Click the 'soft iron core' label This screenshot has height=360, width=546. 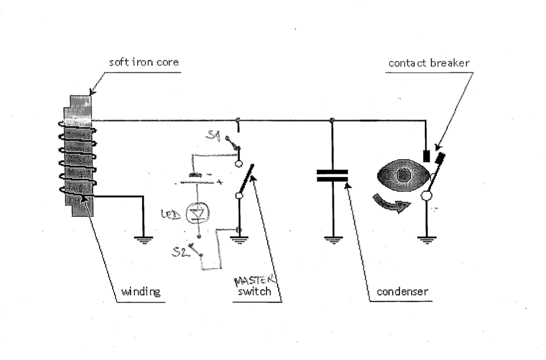pyautogui.click(x=144, y=62)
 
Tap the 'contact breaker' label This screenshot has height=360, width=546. pyautogui.click(x=429, y=63)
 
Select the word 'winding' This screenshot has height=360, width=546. pyautogui.click(x=140, y=292)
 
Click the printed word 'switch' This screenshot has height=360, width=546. pyautogui.click(x=254, y=291)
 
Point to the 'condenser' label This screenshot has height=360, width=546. pyautogui.click(x=403, y=291)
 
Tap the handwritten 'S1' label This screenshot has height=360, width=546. pyautogui.click(x=213, y=135)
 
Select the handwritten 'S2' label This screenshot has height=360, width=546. pyautogui.click(x=180, y=251)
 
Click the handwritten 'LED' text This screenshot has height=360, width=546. pyautogui.click(x=171, y=214)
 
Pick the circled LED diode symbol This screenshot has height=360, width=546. pyautogui.click(x=198, y=214)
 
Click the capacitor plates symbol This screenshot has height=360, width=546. pyautogui.click(x=332, y=176)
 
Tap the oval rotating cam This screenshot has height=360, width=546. pyautogui.click(x=403, y=175)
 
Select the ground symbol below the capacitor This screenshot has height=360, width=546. pyautogui.click(x=333, y=240)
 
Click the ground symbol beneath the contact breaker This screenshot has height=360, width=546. pyautogui.click(x=426, y=240)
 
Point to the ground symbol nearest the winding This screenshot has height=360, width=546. pyautogui.click(x=143, y=240)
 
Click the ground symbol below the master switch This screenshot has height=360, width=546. pyautogui.click(x=239, y=240)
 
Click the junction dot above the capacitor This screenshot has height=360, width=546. pyautogui.click(x=332, y=120)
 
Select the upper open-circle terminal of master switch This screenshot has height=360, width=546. pyautogui.click(x=239, y=163)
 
